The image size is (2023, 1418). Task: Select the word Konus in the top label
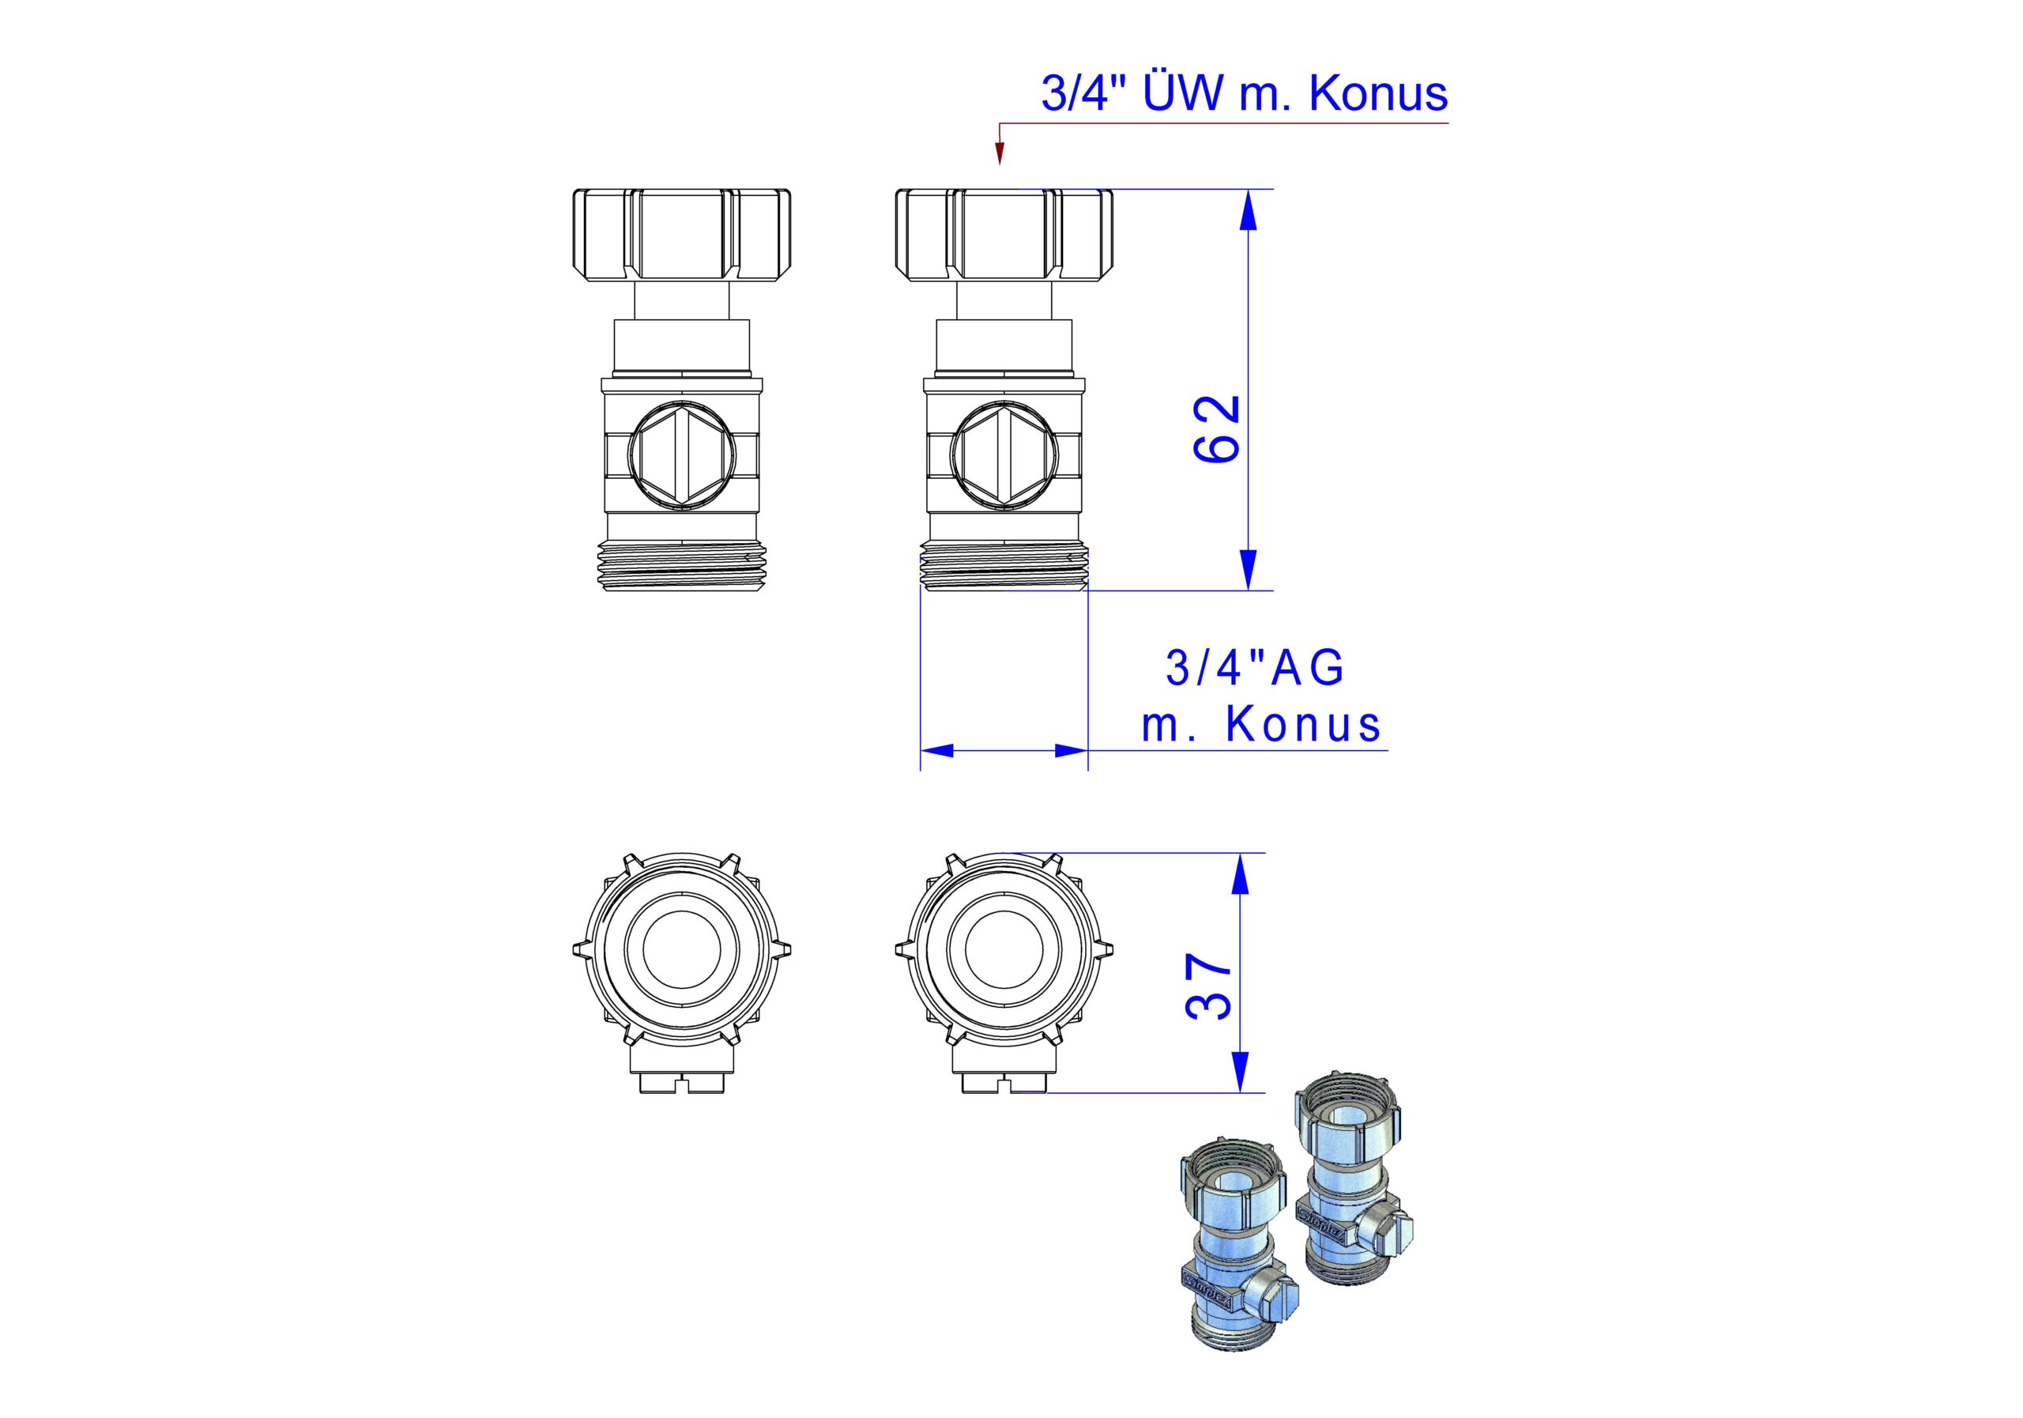coord(1379,92)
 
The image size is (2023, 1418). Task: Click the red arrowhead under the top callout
coord(999,155)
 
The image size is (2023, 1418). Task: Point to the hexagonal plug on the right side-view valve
coord(1004,454)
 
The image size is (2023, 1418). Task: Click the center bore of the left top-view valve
coord(682,949)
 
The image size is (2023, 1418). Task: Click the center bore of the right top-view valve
coord(1004,949)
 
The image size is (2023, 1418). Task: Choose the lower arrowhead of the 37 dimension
coord(1240,1073)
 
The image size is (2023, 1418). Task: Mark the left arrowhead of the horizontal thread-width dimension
coord(937,751)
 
